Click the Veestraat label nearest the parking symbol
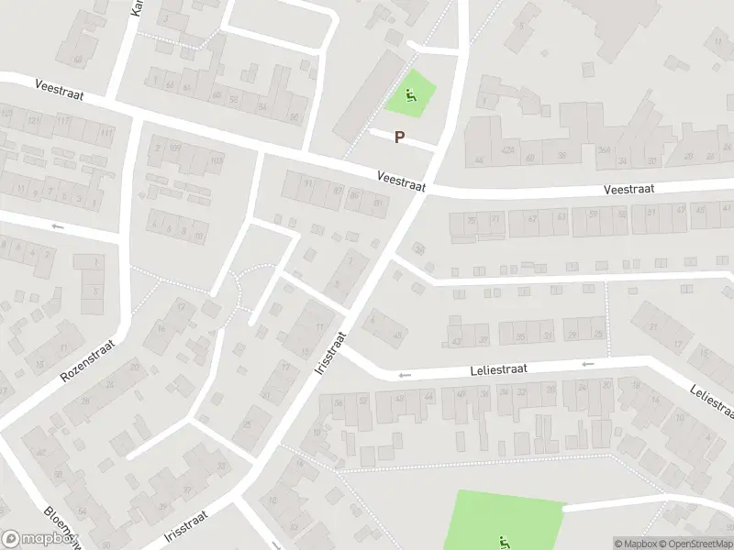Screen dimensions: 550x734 coord(402,179)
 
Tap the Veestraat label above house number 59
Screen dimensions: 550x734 coord(628,189)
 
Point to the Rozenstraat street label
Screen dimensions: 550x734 coord(92,350)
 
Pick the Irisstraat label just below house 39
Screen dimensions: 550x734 coord(187,526)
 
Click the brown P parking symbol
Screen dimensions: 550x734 coord(399,137)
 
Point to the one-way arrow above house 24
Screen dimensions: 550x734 coord(588,364)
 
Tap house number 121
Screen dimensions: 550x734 coord(34,121)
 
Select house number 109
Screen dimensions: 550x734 coord(174,148)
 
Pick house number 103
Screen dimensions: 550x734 coord(217,161)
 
